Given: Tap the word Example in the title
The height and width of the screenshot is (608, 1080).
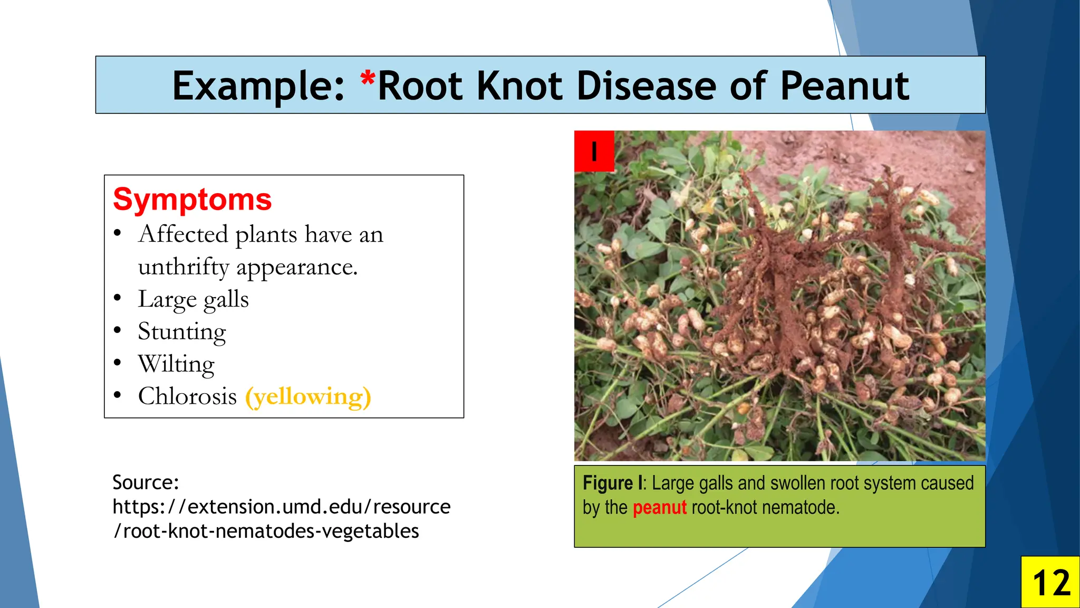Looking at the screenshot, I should coord(257,86).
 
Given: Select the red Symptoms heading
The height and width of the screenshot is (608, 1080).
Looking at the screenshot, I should coord(192,199).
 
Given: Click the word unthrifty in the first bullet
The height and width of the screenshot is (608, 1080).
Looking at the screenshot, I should coord(183,267).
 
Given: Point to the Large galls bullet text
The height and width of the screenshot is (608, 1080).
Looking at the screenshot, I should coord(193,300).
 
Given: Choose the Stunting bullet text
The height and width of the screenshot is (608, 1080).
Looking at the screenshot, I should coord(182,332).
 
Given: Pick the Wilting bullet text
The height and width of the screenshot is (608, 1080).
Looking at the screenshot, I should coord(176,364).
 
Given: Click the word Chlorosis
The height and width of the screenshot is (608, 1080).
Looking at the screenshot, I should coord(187,396).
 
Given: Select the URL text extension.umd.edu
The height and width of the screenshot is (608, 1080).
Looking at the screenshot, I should coord(274,507).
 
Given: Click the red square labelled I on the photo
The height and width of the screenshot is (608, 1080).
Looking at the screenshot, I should coord(594,151).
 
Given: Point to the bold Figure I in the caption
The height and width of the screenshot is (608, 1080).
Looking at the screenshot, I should coord(612,483).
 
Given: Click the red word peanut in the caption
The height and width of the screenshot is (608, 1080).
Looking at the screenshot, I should coord(659,507).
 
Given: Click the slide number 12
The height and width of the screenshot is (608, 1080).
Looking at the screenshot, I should coord(1050,583).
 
